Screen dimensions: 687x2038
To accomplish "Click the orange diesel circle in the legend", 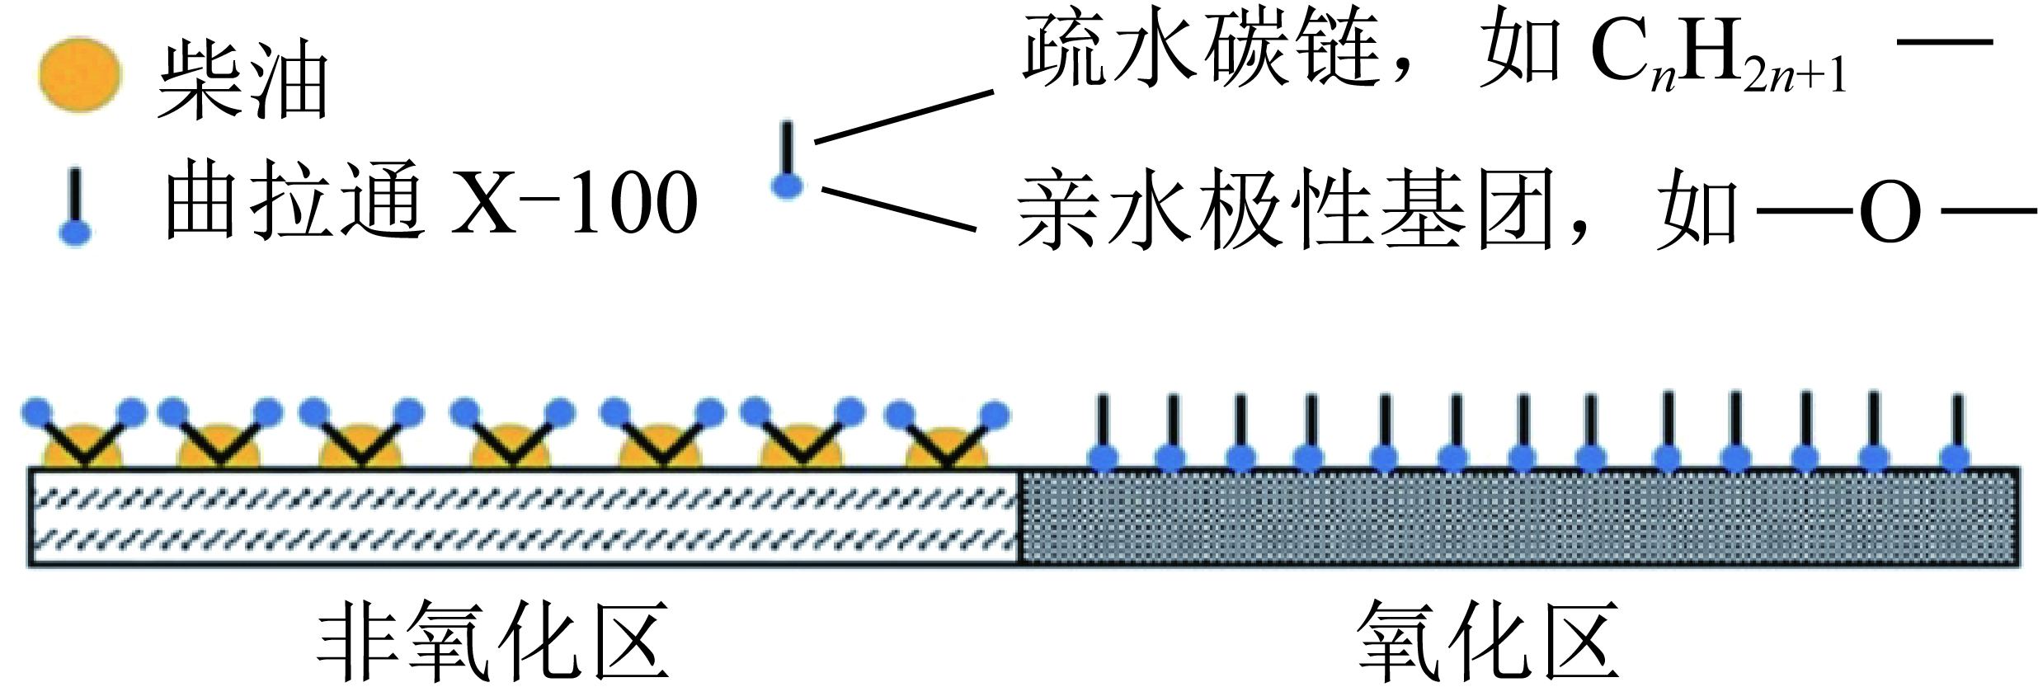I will point(80,74).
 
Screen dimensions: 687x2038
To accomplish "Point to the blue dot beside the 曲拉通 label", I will point(75,233).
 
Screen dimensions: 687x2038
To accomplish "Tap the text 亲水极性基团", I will point(1287,210).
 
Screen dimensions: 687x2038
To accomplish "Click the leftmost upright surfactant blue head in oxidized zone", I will point(1104,457).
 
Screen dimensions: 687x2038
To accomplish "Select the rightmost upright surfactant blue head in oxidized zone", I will point(1956,457).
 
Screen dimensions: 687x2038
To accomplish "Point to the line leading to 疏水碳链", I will point(904,117).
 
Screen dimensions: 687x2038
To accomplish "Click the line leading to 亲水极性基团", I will point(899,209).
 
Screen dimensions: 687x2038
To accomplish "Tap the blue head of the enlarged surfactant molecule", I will point(787,186).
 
